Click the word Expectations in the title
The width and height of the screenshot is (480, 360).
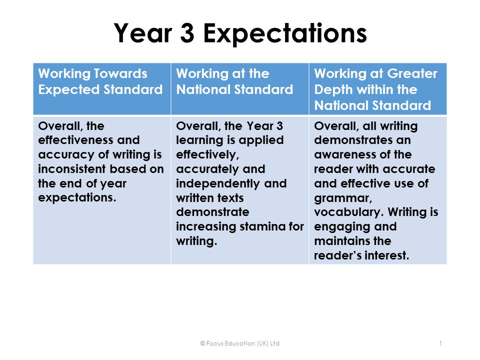285,33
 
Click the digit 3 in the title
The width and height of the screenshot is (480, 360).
187,33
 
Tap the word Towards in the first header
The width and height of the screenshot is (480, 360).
120,73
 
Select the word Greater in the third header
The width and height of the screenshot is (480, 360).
412,74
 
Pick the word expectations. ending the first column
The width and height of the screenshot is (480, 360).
77,198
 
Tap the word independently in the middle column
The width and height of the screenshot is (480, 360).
218,183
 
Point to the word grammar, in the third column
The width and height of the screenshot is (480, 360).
343,198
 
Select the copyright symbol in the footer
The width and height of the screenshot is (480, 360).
202,343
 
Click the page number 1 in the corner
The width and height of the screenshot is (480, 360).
440,343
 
